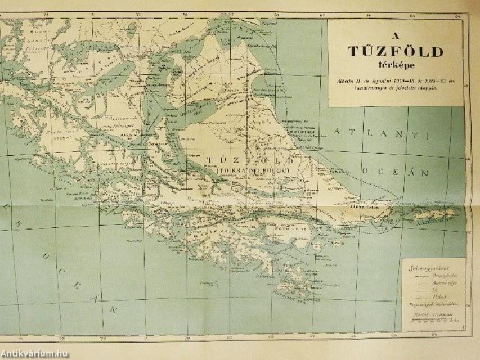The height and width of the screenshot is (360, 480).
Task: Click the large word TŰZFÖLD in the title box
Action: pos(396,52)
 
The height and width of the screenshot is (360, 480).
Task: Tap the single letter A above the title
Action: pos(396,31)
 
